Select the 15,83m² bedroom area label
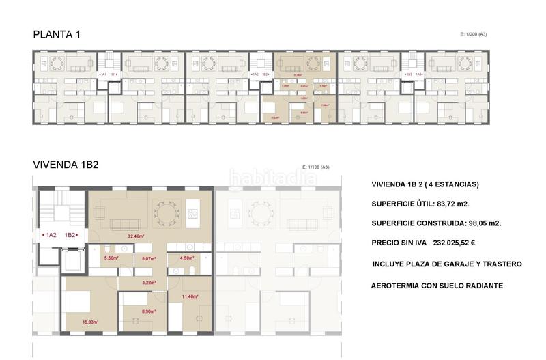click(91, 322)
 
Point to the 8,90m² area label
click(149, 311)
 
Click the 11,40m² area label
click(190, 296)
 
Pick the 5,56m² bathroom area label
click(111, 258)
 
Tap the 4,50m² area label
click(186, 258)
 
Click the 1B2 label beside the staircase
click(71, 235)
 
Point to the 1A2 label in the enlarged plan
click(50, 235)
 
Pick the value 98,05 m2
click(476, 223)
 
